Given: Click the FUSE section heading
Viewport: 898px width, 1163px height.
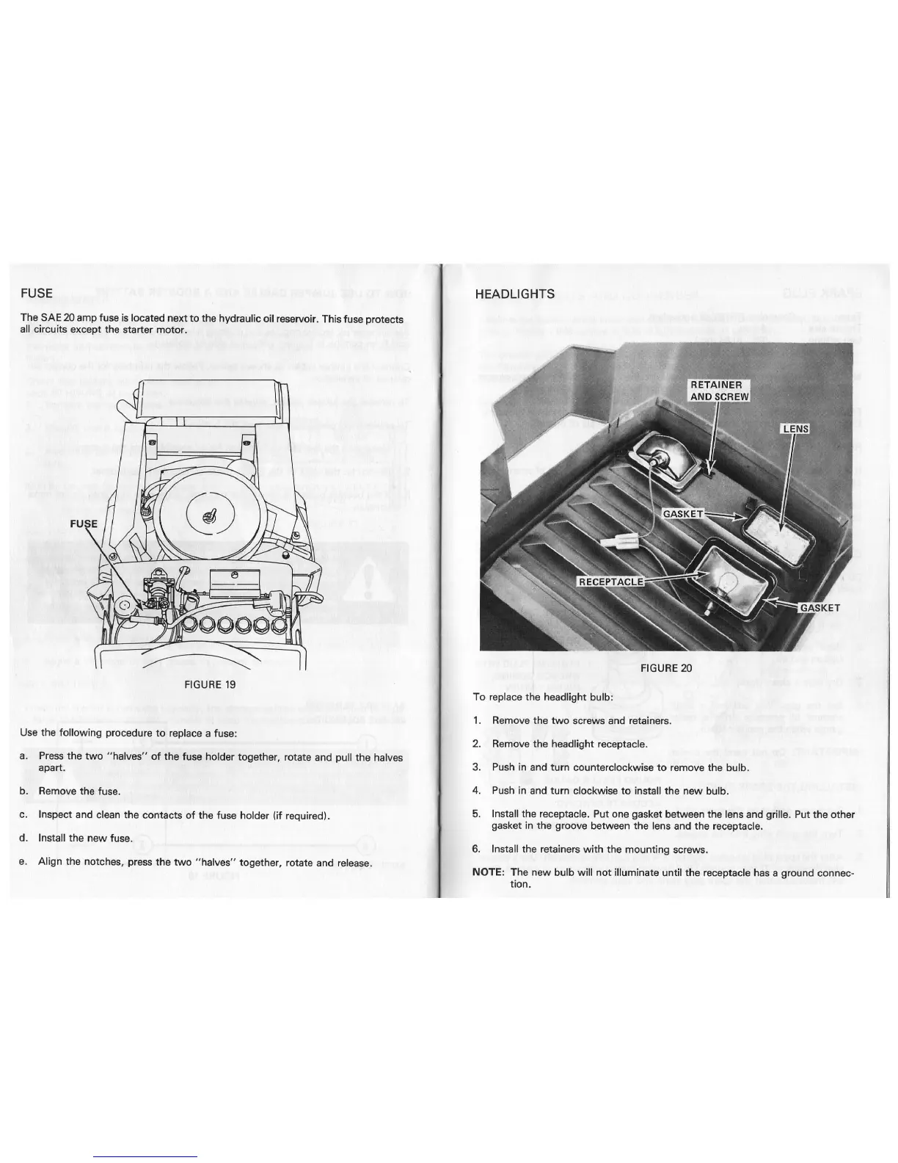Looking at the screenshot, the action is [37, 293].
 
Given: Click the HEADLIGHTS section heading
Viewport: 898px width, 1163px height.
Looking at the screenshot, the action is [514, 294].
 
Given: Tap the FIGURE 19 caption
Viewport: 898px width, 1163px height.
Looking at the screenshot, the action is [210, 684].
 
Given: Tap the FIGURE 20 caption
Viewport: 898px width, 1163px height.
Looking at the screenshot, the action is [666, 668].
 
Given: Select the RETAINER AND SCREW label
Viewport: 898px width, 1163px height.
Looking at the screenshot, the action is [719, 391].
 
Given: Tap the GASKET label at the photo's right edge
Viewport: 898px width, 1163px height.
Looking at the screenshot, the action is [819, 608].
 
